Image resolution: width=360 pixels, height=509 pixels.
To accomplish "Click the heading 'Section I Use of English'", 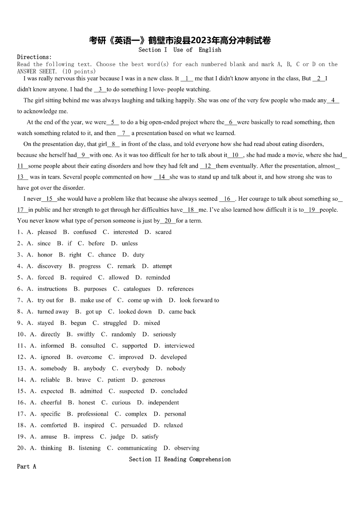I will [180, 50].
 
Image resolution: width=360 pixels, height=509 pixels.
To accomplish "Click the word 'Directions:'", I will [34, 57].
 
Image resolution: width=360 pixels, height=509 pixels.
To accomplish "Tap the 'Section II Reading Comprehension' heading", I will [180, 459].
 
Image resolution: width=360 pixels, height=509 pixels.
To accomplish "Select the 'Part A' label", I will [26, 466].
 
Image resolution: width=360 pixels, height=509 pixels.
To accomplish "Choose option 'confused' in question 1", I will [85, 232].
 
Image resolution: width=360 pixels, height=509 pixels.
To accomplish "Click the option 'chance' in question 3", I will [107, 255].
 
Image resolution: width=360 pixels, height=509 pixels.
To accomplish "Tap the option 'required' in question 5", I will [81, 277].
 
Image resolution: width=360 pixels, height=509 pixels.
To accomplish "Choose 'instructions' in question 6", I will [52, 289].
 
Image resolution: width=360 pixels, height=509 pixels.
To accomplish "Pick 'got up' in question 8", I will [94, 311].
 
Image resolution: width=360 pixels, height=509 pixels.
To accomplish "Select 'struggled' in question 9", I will [115, 323].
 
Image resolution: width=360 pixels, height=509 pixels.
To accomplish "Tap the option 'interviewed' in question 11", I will [180, 345].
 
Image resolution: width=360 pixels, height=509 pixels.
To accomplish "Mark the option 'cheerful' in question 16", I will [51, 402].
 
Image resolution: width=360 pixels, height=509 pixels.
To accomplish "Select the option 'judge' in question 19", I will [117, 436].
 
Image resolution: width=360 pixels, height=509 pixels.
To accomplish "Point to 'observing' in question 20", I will [187, 448].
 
